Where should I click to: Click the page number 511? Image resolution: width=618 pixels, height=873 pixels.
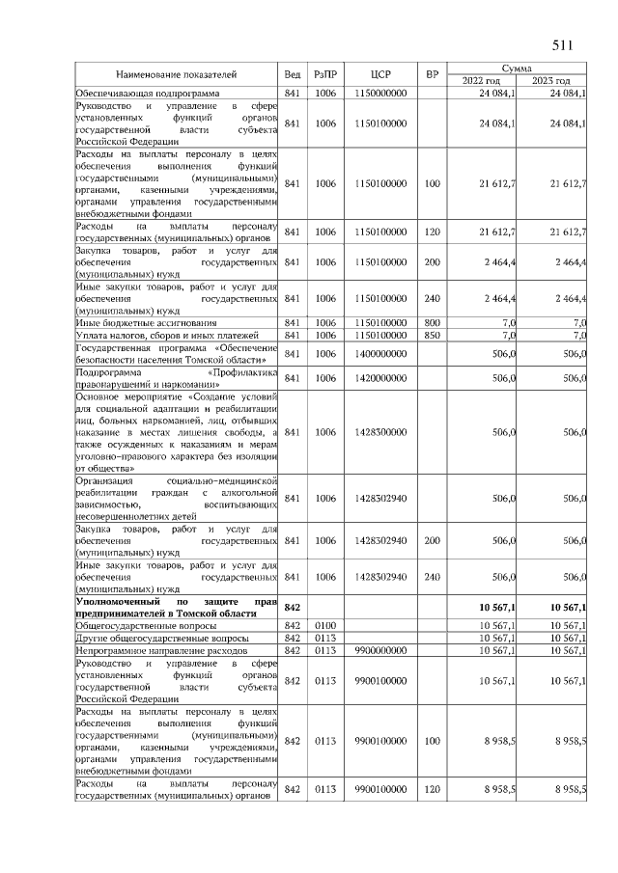[563, 45]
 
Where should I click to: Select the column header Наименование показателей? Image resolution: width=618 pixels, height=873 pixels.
[177, 74]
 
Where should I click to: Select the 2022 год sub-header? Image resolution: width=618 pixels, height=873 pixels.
[485, 81]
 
